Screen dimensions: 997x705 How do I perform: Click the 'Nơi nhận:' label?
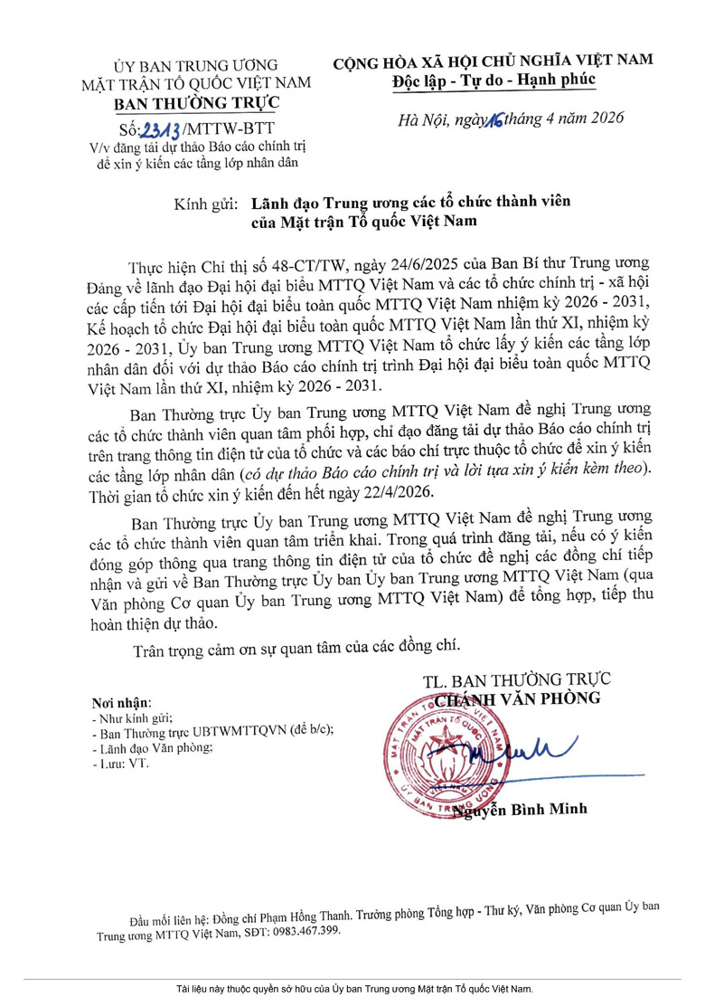121,703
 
